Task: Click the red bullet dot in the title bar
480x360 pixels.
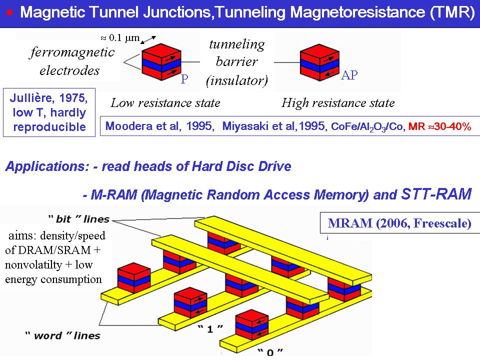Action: tap(9, 11)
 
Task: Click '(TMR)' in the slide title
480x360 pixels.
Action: tap(452, 12)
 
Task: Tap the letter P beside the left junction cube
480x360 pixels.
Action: tap(184, 79)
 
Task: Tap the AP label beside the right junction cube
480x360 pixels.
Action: tap(349, 76)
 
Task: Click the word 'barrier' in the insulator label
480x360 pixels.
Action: tap(236, 61)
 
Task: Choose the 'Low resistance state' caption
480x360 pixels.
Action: tap(165, 103)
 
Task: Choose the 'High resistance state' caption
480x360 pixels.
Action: tap(338, 103)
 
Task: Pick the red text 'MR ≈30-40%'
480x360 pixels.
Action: tap(439, 127)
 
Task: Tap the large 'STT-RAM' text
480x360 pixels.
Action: tap(436, 194)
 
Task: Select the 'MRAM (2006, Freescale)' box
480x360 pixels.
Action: tap(399, 223)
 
